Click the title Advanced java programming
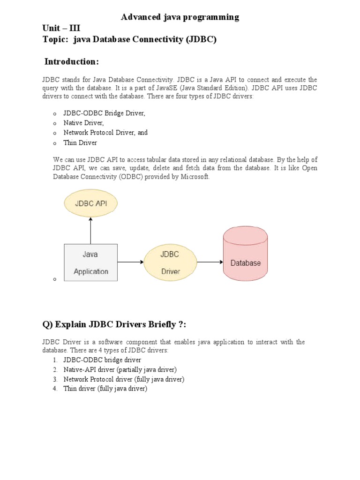pos(180,17)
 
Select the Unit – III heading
pos(58,29)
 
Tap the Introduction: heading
pos(72,62)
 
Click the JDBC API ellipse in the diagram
pos(91,203)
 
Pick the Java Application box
pos(90,262)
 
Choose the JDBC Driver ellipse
pos(170,262)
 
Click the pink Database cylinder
pos(245,256)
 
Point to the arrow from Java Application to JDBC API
pos(91,232)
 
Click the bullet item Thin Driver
pos(80,142)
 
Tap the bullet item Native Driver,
pos(83,123)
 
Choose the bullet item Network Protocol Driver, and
pos(105,133)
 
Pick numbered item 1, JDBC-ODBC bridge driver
pos(102,360)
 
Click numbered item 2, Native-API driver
pos(120,369)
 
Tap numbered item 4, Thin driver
pos(105,389)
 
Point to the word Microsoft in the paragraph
pos(195,177)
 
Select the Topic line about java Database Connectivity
pos(129,40)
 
